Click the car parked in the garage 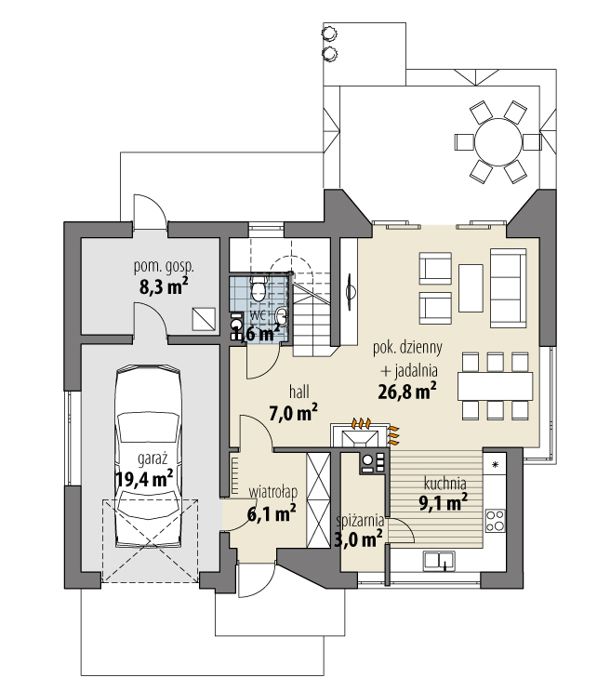(149, 457)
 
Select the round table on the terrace (497, 142)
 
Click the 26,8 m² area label (407, 391)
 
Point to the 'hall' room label (299, 392)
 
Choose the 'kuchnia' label (445, 484)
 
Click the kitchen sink (439, 561)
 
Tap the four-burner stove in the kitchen (495, 521)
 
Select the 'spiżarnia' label (360, 521)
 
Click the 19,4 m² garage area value (144, 478)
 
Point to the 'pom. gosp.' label (164, 267)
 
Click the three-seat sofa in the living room (509, 287)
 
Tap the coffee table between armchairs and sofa (471, 288)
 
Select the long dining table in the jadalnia (496, 386)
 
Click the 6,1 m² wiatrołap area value (272, 513)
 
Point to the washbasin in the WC (281, 315)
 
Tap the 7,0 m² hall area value (293, 413)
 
